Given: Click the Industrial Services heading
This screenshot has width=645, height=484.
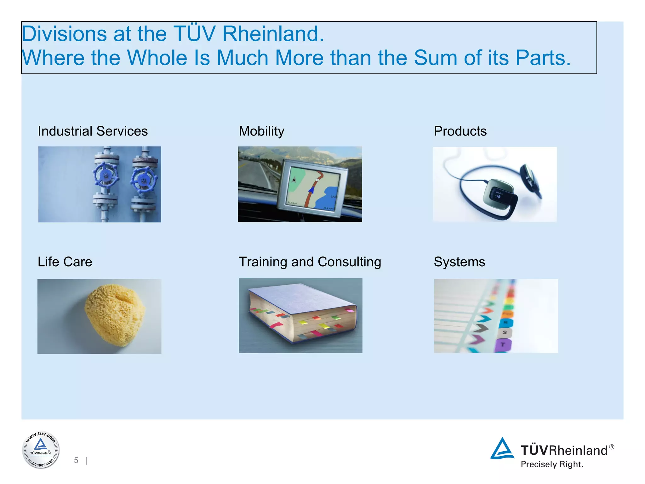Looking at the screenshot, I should pyautogui.click(x=93, y=131).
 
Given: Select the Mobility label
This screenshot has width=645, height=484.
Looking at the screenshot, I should pyautogui.click(x=261, y=131).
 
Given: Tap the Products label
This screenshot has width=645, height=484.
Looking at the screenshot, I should pyautogui.click(x=460, y=131).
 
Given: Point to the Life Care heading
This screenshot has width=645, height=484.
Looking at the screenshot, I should pyautogui.click(x=65, y=262).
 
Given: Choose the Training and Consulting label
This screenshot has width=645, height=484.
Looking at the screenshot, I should pyautogui.click(x=310, y=262).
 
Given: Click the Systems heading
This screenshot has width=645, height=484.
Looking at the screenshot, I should pyautogui.click(x=459, y=262).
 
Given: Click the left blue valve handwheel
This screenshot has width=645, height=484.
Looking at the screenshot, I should pyautogui.click(x=106, y=176).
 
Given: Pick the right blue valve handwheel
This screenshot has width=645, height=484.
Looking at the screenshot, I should pyautogui.click(x=144, y=180).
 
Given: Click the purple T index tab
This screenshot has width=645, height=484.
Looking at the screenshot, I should pyautogui.click(x=503, y=345).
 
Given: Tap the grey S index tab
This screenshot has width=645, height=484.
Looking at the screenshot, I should pyautogui.click(x=505, y=332).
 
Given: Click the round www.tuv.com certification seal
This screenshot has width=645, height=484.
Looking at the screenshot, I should pyautogui.click(x=41, y=450).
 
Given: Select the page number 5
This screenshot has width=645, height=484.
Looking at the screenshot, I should pyautogui.click(x=76, y=460).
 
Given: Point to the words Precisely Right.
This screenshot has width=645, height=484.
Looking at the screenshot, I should pyautogui.click(x=552, y=464).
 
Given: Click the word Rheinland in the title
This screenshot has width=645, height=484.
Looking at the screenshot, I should pyautogui.click(x=273, y=34).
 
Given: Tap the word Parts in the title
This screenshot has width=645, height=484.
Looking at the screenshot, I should pyautogui.click(x=543, y=58).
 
